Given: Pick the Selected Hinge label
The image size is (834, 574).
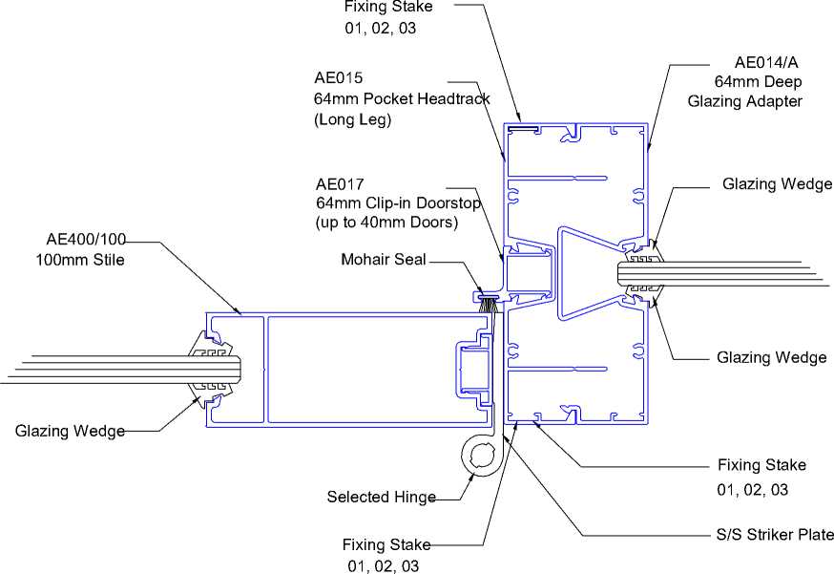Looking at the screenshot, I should point(381,497).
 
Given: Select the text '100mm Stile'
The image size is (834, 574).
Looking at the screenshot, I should point(80,259).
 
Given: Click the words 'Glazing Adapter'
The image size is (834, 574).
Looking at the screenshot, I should point(745,101).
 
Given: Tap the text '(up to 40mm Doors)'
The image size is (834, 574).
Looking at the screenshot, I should point(386,223).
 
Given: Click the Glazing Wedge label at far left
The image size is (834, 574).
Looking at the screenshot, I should point(70,432).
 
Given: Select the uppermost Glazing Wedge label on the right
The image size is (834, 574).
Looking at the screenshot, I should point(777,184).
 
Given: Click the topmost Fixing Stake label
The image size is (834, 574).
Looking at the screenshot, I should point(388,7).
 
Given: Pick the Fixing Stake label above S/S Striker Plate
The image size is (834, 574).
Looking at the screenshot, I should point(761,466).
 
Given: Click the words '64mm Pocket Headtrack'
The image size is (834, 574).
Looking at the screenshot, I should point(402,98).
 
